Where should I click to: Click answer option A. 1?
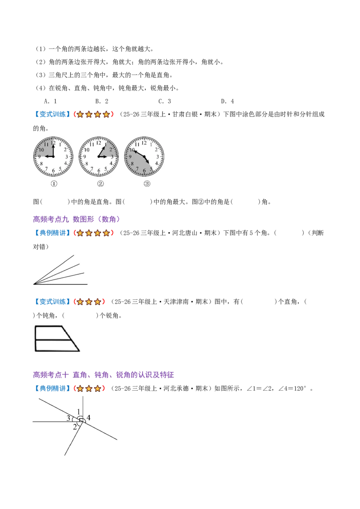click(50, 101)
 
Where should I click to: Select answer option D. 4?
click(227, 101)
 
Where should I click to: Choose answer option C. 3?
click(165, 101)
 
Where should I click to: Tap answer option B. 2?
click(102, 101)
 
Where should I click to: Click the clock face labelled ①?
click(53, 157)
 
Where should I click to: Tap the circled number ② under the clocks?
click(100, 184)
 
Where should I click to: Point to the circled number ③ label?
click(147, 184)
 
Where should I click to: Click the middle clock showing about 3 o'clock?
click(99, 157)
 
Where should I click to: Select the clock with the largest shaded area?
click(144, 157)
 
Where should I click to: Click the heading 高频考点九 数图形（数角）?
click(76, 219)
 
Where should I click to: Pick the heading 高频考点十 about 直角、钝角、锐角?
click(103, 375)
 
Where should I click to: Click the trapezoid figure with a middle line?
click(57, 339)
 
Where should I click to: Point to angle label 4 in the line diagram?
click(88, 417)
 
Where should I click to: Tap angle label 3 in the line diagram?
click(68, 418)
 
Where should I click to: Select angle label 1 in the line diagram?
click(78, 411)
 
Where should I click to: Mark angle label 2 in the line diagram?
click(75, 427)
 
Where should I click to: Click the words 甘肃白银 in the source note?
click(185, 114)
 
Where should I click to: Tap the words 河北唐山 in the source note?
click(185, 233)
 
